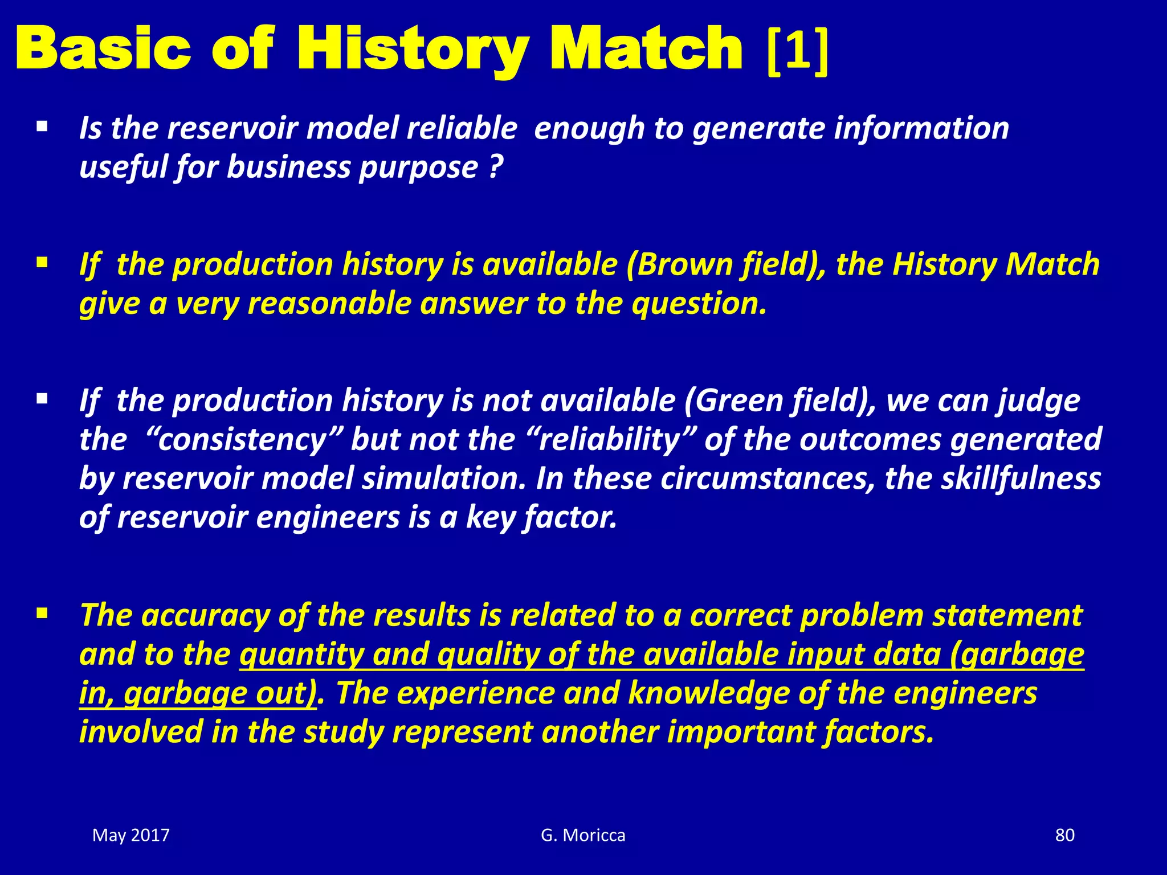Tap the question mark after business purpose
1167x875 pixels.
[x=496, y=167]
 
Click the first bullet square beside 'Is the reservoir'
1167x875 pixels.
[x=42, y=126]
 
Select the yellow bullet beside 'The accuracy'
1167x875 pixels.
[x=42, y=614]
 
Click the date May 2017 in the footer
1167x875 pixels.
[x=131, y=835]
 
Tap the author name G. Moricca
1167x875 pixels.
[x=583, y=835]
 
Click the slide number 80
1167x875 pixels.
[x=1064, y=835]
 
